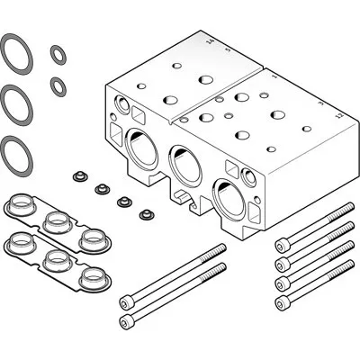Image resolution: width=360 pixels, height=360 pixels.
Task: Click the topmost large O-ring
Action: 14,52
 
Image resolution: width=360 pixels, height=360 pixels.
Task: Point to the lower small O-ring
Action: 58,85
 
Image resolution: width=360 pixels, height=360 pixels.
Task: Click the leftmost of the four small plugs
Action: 78,174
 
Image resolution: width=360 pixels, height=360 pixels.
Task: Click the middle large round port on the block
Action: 184,164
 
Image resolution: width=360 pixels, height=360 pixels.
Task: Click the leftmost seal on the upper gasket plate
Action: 21,205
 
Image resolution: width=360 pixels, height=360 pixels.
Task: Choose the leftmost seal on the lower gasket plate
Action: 21,241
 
